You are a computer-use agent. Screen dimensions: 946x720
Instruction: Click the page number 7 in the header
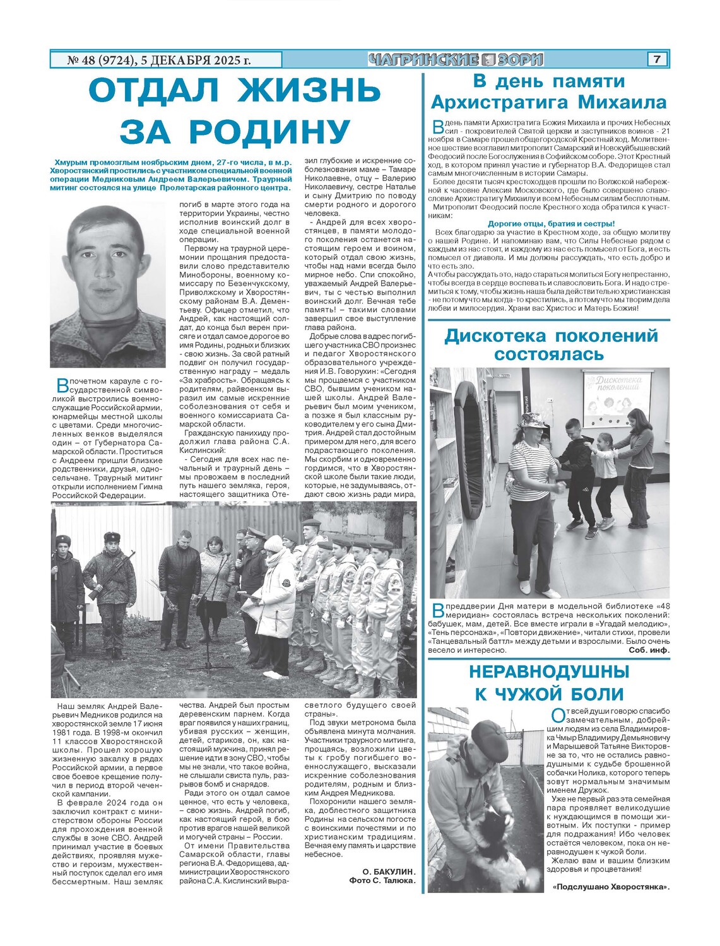point(657,59)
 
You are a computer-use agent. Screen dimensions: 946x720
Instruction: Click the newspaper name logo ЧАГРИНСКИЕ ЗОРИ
point(456,60)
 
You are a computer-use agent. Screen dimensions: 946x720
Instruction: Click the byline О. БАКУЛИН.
point(389,871)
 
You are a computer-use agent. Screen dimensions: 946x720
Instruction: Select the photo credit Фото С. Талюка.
point(382,880)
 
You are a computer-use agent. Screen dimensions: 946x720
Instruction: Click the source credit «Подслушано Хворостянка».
point(610,887)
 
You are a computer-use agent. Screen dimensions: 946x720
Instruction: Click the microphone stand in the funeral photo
point(208,624)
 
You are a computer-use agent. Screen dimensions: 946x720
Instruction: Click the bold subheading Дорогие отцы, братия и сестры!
point(551,223)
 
